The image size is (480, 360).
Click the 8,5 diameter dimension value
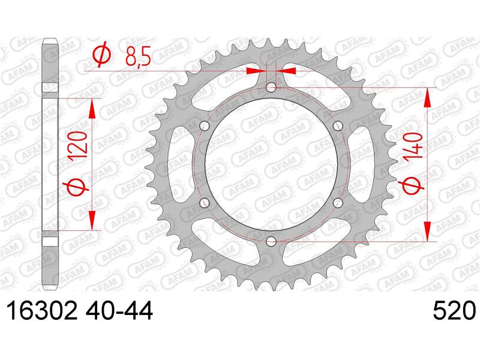[x=138, y=56]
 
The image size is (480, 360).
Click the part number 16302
[x=42, y=310]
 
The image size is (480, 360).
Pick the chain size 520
[x=454, y=310]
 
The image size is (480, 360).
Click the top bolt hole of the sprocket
[x=271, y=88]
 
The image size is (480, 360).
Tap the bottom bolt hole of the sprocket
[x=271, y=242]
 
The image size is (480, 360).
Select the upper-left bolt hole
[x=204, y=125]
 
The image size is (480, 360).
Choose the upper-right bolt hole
[x=338, y=125]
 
